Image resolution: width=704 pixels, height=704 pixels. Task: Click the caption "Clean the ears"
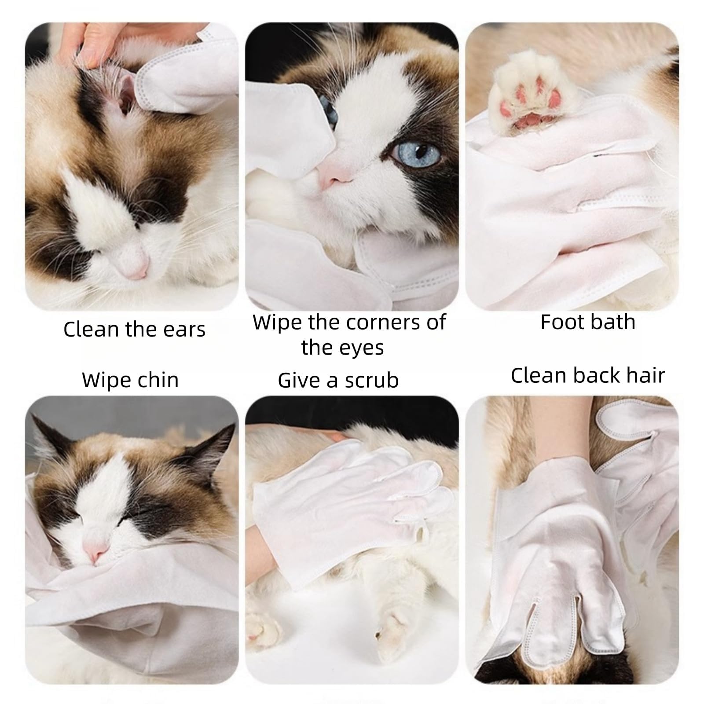coord(134,329)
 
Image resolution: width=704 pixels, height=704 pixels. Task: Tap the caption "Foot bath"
coord(588,322)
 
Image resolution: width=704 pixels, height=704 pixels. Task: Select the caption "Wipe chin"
coord(130,380)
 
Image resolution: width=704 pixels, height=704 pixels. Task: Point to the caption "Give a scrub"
coord(338,380)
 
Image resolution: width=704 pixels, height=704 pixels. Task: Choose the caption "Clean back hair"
coord(587,375)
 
